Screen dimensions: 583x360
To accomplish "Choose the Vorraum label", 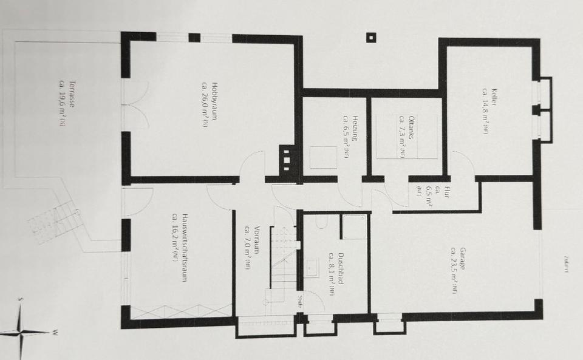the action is coord(251,247).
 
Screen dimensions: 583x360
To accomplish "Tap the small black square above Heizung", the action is coord(370,37).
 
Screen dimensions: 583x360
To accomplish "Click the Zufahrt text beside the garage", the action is coord(565,264).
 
